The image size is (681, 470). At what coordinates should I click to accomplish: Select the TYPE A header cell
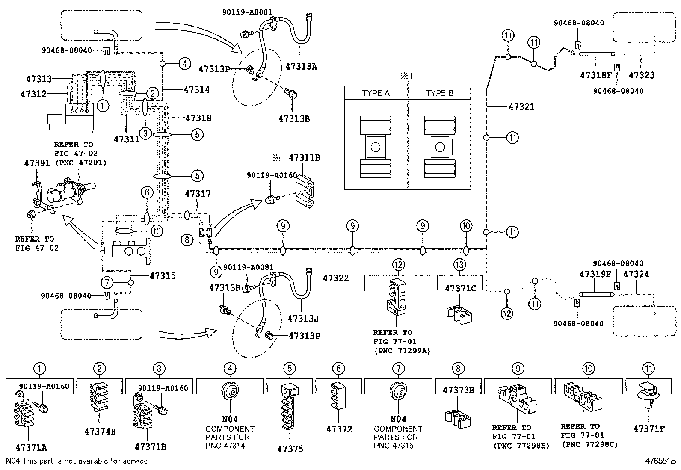[x=376, y=93]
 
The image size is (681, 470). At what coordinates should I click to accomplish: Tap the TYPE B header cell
[x=439, y=93]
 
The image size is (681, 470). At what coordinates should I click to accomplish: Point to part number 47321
[x=521, y=106]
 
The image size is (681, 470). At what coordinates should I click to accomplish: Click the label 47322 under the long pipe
[x=336, y=278]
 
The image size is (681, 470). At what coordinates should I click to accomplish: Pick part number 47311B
[x=304, y=157]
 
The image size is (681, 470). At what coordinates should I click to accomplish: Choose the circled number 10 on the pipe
[x=466, y=226]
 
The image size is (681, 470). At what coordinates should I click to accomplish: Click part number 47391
[x=36, y=163]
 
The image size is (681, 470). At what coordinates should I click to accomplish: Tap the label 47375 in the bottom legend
[x=290, y=449]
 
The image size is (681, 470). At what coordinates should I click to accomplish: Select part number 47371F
[x=648, y=429]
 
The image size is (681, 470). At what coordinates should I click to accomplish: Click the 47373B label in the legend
[x=459, y=390]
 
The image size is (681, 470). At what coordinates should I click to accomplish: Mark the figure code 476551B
[x=660, y=461]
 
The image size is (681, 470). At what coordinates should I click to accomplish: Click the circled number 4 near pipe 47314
[x=184, y=64]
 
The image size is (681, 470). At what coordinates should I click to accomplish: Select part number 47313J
[x=303, y=319]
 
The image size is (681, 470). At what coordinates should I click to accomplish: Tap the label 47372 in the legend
[x=339, y=429]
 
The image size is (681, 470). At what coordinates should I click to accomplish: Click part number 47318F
[x=596, y=75]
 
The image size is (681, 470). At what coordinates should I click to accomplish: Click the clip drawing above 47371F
[x=648, y=396]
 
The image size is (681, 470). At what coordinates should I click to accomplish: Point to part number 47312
[x=33, y=94]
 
